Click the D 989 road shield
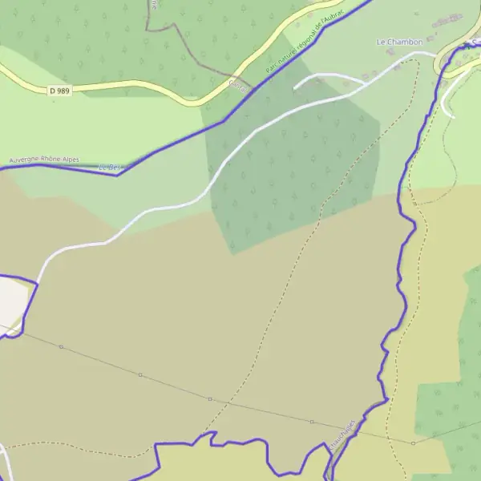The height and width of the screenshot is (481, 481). (59, 91)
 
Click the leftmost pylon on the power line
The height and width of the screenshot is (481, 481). (61, 347)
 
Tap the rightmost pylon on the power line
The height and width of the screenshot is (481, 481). (414, 443)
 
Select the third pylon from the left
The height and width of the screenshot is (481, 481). (210, 398)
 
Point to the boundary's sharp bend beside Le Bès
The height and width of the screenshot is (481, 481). (119, 175)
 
